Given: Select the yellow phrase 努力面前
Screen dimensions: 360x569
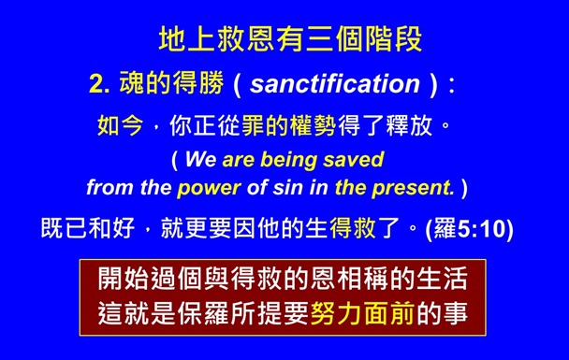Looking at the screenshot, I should (360, 315).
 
